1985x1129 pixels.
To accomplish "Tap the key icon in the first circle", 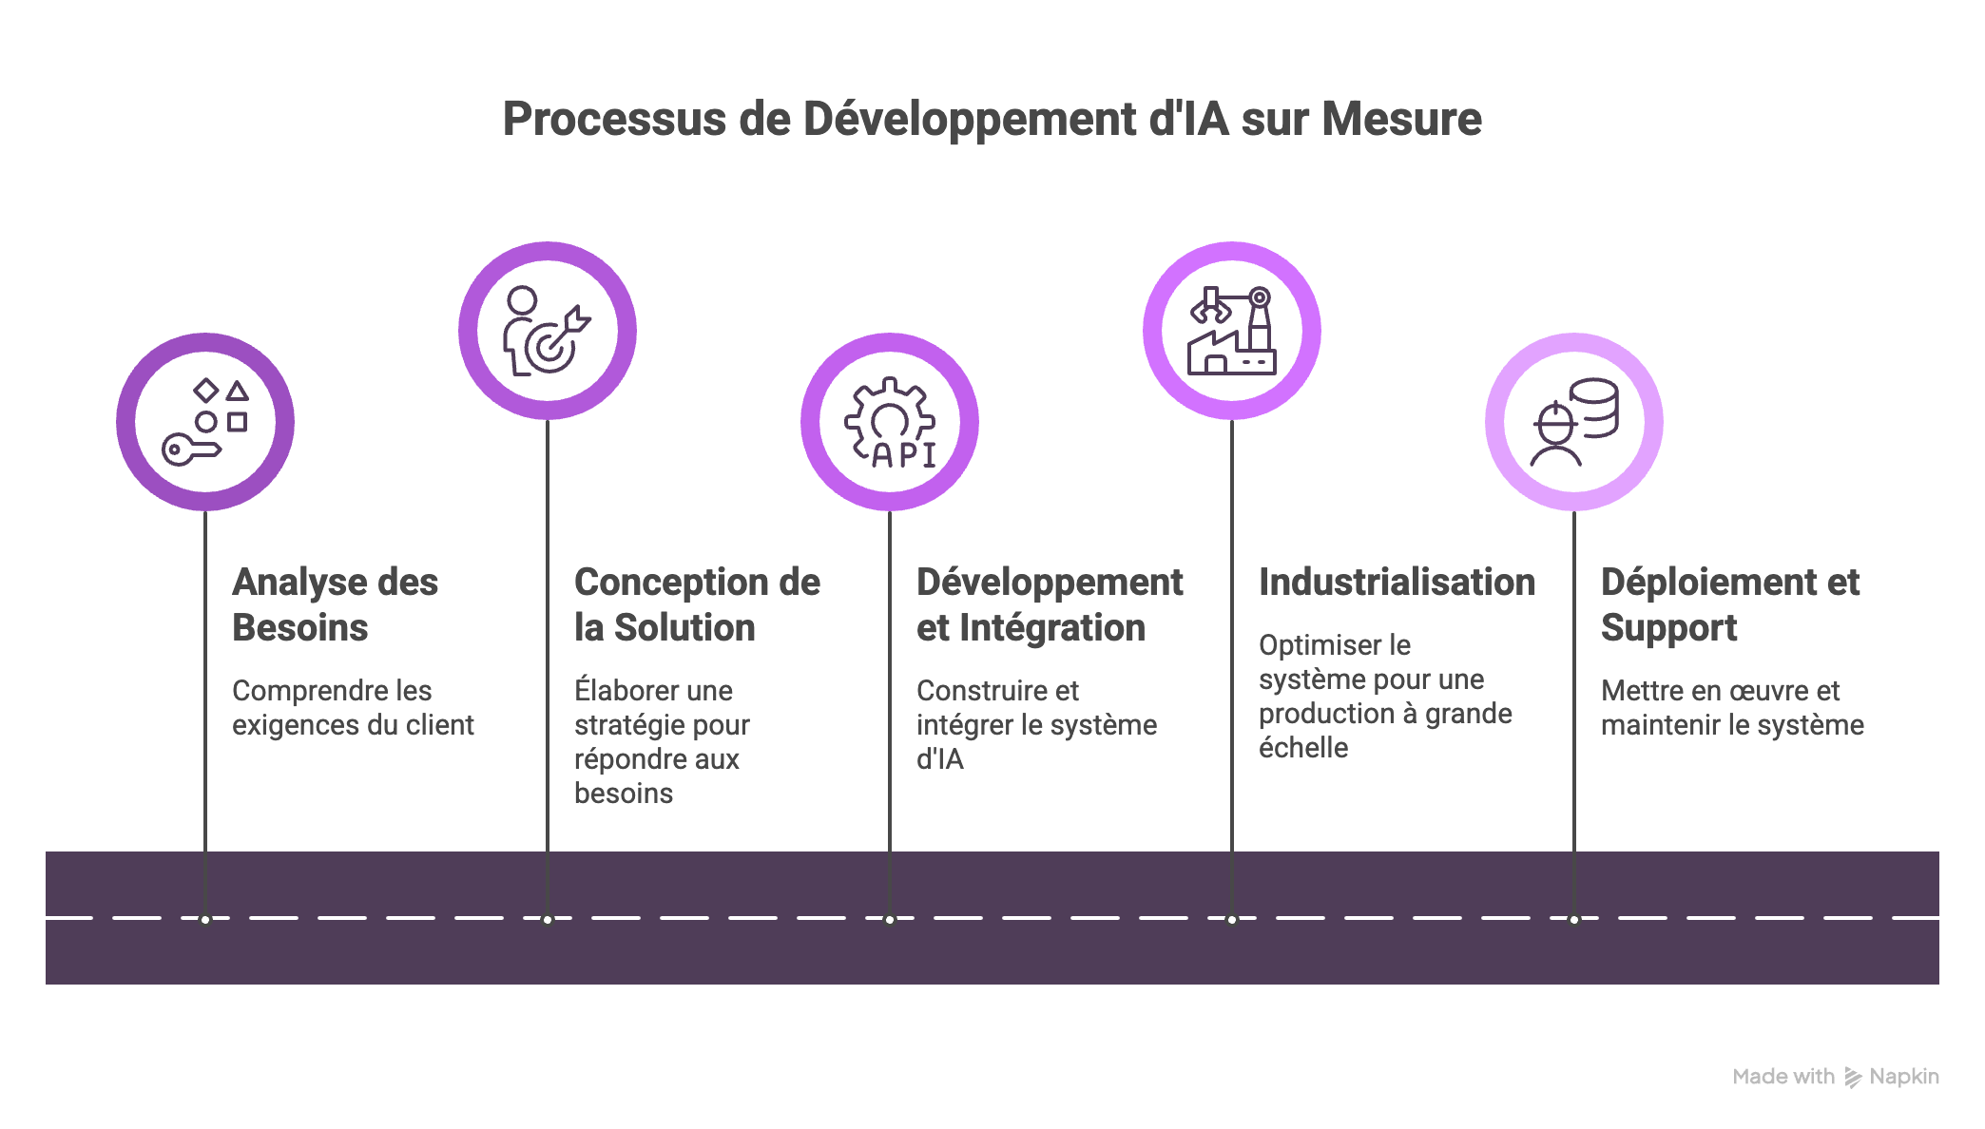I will (x=191, y=449).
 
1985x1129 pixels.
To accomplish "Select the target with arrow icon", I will (x=556, y=342).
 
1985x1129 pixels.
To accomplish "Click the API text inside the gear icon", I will (x=902, y=455).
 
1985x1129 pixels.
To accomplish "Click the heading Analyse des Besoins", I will (x=335, y=604).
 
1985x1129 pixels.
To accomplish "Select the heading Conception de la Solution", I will (x=697, y=604).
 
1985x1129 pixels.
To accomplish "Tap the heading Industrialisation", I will (x=1397, y=582).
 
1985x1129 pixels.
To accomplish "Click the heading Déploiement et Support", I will (x=1729, y=604).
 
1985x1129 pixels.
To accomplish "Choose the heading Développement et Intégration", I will (x=1050, y=604).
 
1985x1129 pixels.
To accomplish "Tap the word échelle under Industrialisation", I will (x=1302, y=748).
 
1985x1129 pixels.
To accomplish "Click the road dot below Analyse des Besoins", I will (x=205, y=919).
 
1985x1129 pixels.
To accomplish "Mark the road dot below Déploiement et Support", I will (x=1574, y=919).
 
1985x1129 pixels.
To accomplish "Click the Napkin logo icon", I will (x=1852, y=1077).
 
